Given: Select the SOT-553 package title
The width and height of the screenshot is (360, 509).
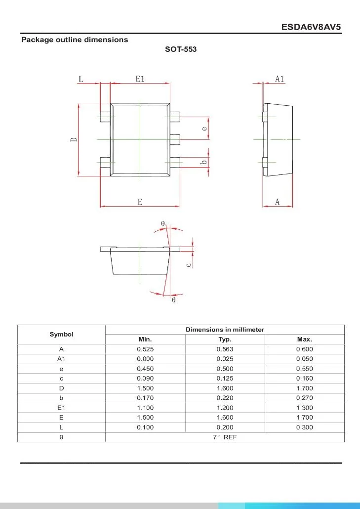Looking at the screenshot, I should click(181, 49).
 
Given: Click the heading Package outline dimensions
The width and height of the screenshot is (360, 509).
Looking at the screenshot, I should click(75, 40).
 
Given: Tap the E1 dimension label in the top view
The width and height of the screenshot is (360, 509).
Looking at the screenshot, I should click(140, 79).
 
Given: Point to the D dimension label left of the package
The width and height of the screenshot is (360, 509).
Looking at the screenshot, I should click(74, 140).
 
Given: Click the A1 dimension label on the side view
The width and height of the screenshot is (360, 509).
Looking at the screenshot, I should click(280, 79).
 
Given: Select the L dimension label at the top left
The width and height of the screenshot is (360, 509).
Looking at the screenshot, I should click(81, 79).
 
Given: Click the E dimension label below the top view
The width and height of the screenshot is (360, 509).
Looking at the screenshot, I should click(140, 202).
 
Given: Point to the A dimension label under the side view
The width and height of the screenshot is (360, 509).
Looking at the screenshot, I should click(277, 202).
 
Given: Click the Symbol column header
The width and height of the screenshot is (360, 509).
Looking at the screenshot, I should click(61, 335).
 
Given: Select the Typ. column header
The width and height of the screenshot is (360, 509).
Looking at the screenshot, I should click(225, 339).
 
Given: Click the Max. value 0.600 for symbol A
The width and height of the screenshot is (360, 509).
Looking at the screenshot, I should click(304, 349).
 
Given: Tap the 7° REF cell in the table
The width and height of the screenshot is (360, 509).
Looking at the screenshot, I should click(225, 437).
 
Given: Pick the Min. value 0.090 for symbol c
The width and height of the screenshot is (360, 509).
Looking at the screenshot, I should click(145, 379).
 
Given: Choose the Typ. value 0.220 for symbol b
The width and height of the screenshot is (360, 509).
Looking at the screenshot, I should click(225, 398).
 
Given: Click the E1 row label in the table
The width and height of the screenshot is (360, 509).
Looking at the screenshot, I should click(61, 408).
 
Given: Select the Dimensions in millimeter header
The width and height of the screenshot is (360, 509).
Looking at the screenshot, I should click(225, 330).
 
